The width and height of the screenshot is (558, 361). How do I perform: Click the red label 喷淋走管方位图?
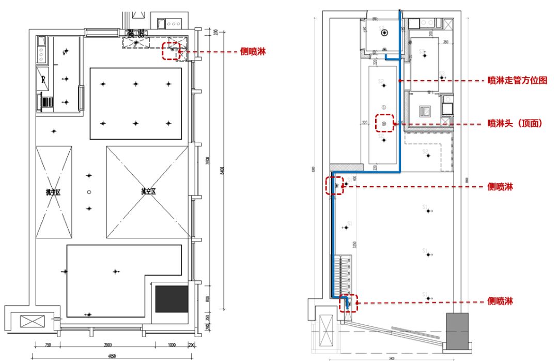(517, 81)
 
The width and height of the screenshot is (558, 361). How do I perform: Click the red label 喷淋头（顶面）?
(515, 124)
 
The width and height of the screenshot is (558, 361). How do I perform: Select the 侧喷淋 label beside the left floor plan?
(254, 52)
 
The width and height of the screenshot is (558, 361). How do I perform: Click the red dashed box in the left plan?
(171, 51)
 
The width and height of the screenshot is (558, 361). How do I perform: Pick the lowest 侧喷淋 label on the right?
(500, 301)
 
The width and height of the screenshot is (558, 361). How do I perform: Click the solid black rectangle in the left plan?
(172, 298)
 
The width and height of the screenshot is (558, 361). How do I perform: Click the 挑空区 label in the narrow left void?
(53, 192)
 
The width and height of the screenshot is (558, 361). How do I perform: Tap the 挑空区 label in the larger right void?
(149, 191)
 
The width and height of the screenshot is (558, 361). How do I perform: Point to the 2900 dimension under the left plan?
(108, 345)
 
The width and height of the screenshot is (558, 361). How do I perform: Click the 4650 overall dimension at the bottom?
(112, 356)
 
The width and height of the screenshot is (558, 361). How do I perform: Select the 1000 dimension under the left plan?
(172, 345)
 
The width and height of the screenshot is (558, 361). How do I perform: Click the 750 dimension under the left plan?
(48, 345)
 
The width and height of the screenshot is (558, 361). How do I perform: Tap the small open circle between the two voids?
(89, 192)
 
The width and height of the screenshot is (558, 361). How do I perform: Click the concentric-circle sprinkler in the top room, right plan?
(384, 33)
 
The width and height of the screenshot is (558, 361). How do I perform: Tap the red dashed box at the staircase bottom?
(348, 303)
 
